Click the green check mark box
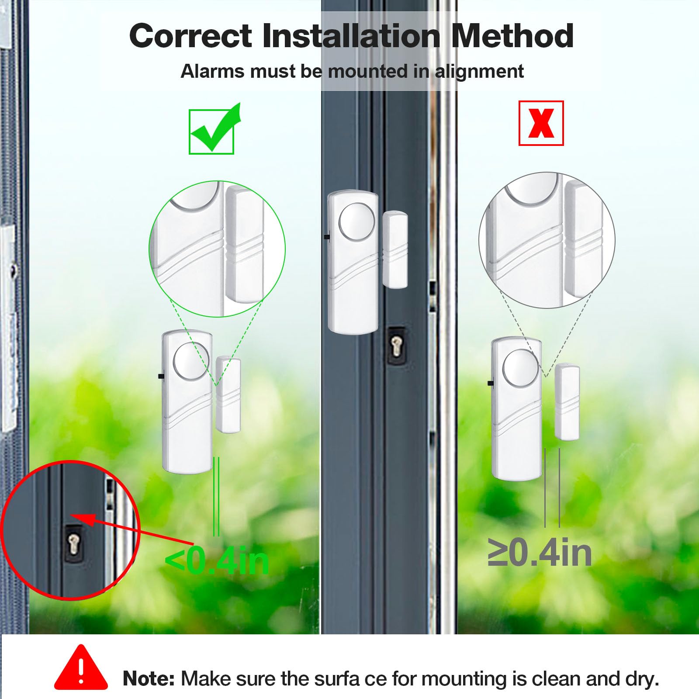coord(211,131)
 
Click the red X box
coord(541,123)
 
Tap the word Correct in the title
coord(190,36)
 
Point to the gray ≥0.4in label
coord(540,553)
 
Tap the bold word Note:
coord(149,678)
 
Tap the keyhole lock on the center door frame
coord(396,344)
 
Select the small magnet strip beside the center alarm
coord(395,249)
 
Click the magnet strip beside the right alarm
coord(567,402)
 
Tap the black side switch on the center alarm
coord(326,237)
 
